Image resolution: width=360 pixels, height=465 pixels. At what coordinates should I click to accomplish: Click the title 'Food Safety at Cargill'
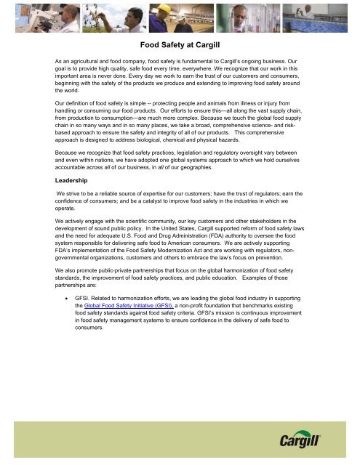(x=180, y=44)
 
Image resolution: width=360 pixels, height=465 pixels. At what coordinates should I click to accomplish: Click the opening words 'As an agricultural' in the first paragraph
(x=81, y=63)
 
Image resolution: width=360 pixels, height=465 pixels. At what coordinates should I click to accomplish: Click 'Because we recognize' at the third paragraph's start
(x=87, y=154)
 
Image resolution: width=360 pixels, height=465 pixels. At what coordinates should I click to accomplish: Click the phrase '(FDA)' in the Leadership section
(x=214, y=237)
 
